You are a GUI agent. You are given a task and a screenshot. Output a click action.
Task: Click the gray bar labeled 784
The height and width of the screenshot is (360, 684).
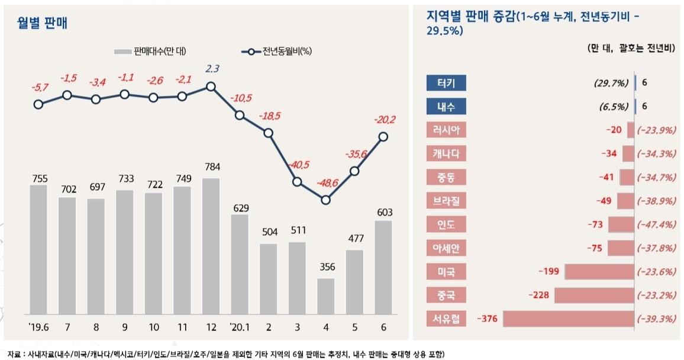(211, 246)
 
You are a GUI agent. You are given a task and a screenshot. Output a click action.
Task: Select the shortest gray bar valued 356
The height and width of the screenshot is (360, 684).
(325, 295)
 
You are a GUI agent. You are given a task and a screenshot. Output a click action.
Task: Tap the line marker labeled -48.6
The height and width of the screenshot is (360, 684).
(325, 200)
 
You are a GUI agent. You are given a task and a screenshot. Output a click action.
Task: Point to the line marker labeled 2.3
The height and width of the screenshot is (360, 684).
(211, 86)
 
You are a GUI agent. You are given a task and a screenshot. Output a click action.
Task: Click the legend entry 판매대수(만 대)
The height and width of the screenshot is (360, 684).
(150, 52)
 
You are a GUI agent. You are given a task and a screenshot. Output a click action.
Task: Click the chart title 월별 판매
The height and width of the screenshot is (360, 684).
(43, 24)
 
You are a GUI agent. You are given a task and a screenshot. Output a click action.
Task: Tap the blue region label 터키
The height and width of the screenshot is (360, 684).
(446, 83)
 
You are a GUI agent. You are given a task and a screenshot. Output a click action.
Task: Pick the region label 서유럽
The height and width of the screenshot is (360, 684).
(446, 320)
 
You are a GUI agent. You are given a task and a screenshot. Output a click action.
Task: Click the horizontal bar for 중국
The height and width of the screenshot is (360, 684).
(594, 295)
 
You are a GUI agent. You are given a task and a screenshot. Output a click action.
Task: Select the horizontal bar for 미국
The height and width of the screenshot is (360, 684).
(599, 272)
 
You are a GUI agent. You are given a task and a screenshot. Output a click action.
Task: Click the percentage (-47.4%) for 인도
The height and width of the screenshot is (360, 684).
(657, 224)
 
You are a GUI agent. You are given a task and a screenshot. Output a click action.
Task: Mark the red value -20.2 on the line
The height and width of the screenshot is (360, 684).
(384, 120)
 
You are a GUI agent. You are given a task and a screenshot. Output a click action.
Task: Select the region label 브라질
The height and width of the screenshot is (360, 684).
(446, 201)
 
